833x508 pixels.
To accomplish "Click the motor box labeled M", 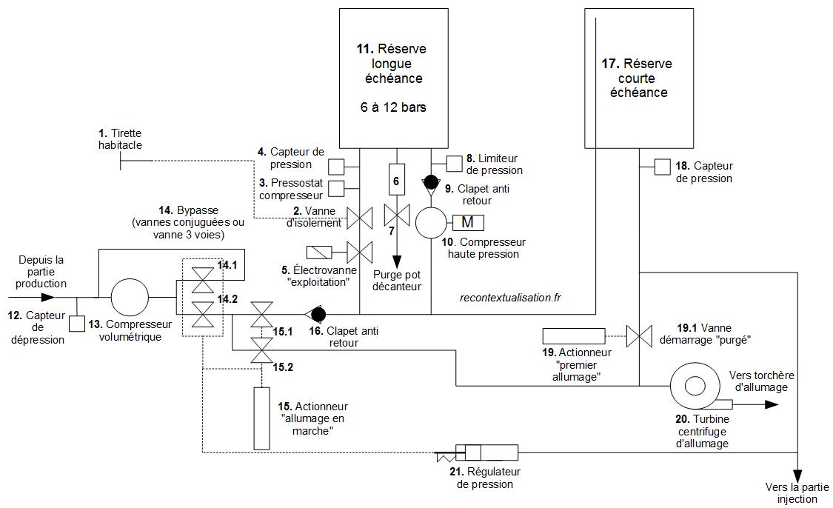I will (467, 221).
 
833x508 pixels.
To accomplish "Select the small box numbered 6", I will (396, 180).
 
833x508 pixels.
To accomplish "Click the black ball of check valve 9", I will (430, 181).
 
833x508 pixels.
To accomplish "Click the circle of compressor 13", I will (130, 298).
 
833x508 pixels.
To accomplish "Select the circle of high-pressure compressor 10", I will (432, 221).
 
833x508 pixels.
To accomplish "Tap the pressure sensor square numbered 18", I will (662, 168).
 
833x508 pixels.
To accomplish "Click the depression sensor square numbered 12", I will (77, 324).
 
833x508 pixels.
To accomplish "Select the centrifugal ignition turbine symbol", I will (695, 387).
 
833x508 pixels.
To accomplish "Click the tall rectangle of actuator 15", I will (262, 418).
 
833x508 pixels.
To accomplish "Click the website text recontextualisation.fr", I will (510, 298).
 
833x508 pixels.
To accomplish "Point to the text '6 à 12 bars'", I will (392, 107).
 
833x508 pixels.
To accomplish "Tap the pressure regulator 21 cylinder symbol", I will (486, 452).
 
